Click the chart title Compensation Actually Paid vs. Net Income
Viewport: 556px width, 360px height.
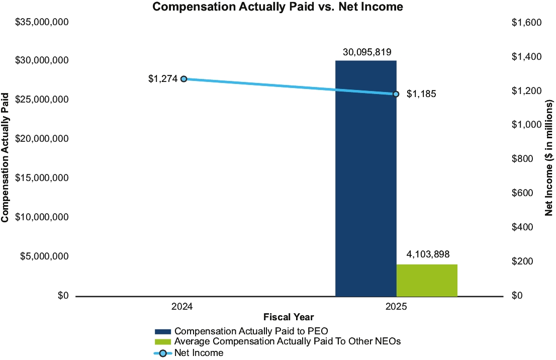pyautogui.click(x=277, y=7)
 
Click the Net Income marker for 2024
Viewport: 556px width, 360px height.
pyautogui.click(x=184, y=79)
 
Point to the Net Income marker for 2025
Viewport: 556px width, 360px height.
pyautogui.click(x=396, y=94)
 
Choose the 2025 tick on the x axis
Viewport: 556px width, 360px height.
pyautogui.click(x=396, y=306)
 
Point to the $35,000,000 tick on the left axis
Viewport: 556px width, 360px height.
pyautogui.click(x=42, y=23)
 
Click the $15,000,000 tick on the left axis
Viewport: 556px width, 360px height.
pyautogui.click(x=42, y=178)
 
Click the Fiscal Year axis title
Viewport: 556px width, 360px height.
pyautogui.click(x=289, y=317)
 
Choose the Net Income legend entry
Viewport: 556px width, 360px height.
pyautogui.click(x=199, y=353)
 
